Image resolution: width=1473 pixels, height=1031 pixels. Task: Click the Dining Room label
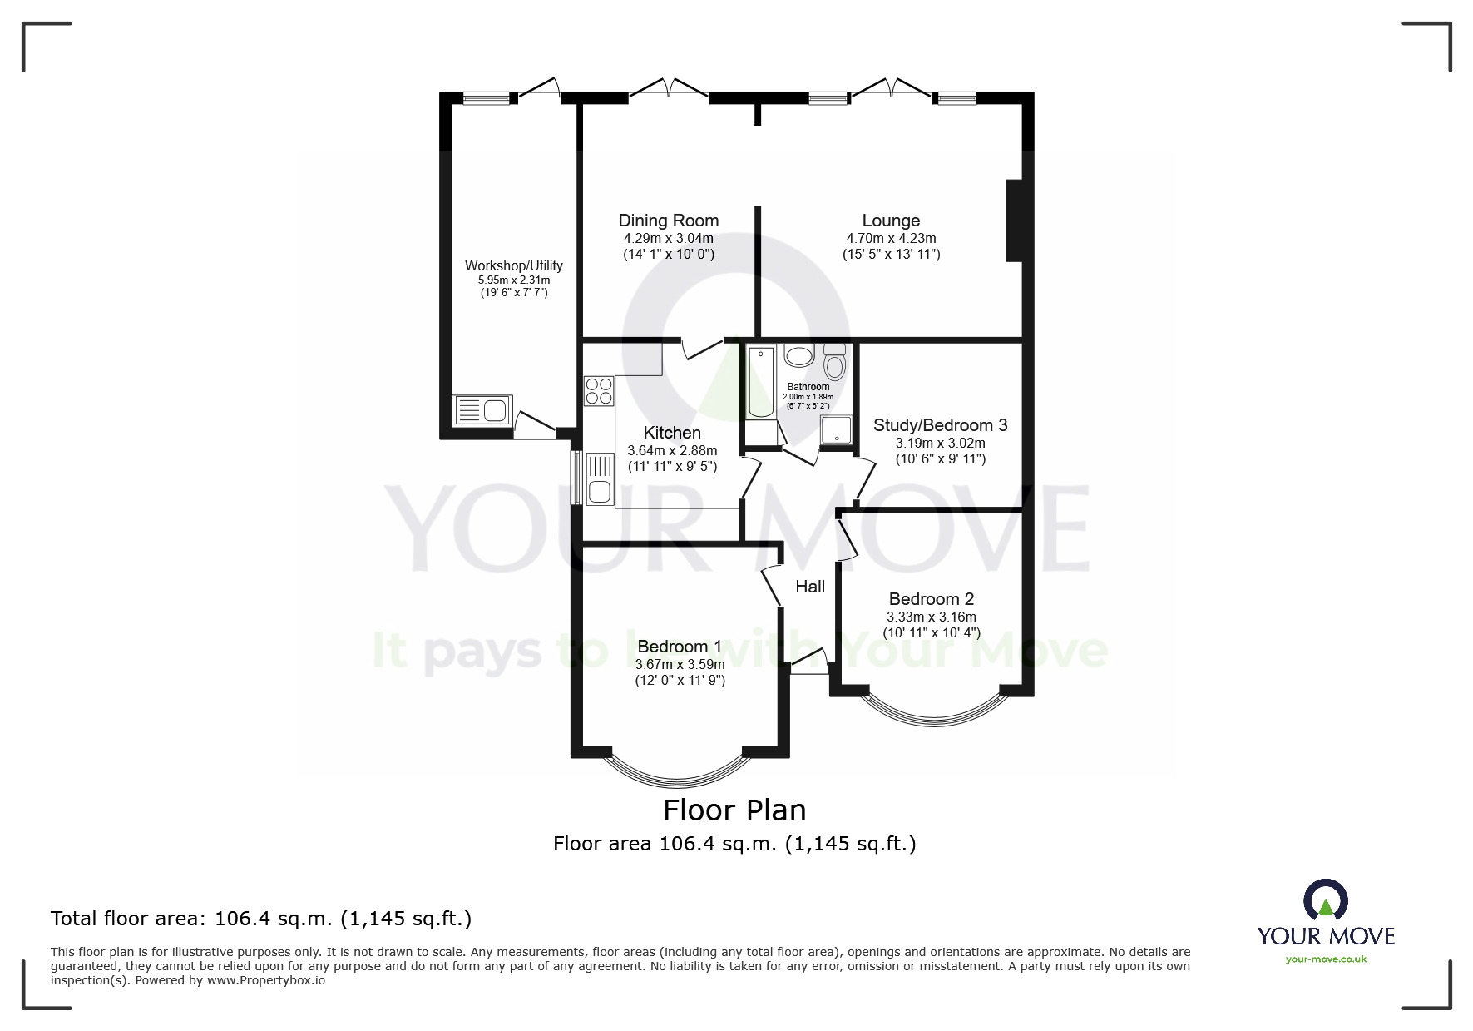pos(668,221)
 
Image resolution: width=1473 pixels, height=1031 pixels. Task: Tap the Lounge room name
pos(891,221)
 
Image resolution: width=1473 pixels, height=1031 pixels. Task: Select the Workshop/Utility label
pos(513,265)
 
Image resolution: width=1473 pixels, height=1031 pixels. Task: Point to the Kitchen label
pos(672,433)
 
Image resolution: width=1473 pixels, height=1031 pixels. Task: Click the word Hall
pos(810,587)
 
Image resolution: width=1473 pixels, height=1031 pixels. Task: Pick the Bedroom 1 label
pos(679,647)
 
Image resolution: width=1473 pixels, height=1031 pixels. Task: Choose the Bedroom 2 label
pos(931,599)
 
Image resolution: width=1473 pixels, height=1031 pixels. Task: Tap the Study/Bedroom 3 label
pos(940,425)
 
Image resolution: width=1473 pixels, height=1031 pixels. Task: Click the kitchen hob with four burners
pos(599,391)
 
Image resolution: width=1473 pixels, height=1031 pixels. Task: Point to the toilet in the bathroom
pos(834,363)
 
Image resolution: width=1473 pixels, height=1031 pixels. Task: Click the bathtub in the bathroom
pos(760,383)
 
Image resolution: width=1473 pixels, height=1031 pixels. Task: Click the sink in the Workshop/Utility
pos(482,411)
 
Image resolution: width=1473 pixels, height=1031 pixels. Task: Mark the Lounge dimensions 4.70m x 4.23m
pos(891,239)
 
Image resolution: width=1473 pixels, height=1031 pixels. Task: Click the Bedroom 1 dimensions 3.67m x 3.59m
pos(680,665)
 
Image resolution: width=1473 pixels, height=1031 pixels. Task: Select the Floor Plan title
pos(734,810)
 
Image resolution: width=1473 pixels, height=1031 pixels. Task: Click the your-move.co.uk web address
pos(1326,959)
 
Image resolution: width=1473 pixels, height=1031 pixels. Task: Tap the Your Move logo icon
pos(1325,901)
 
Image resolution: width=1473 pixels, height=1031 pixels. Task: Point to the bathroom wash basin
pos(799,357)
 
